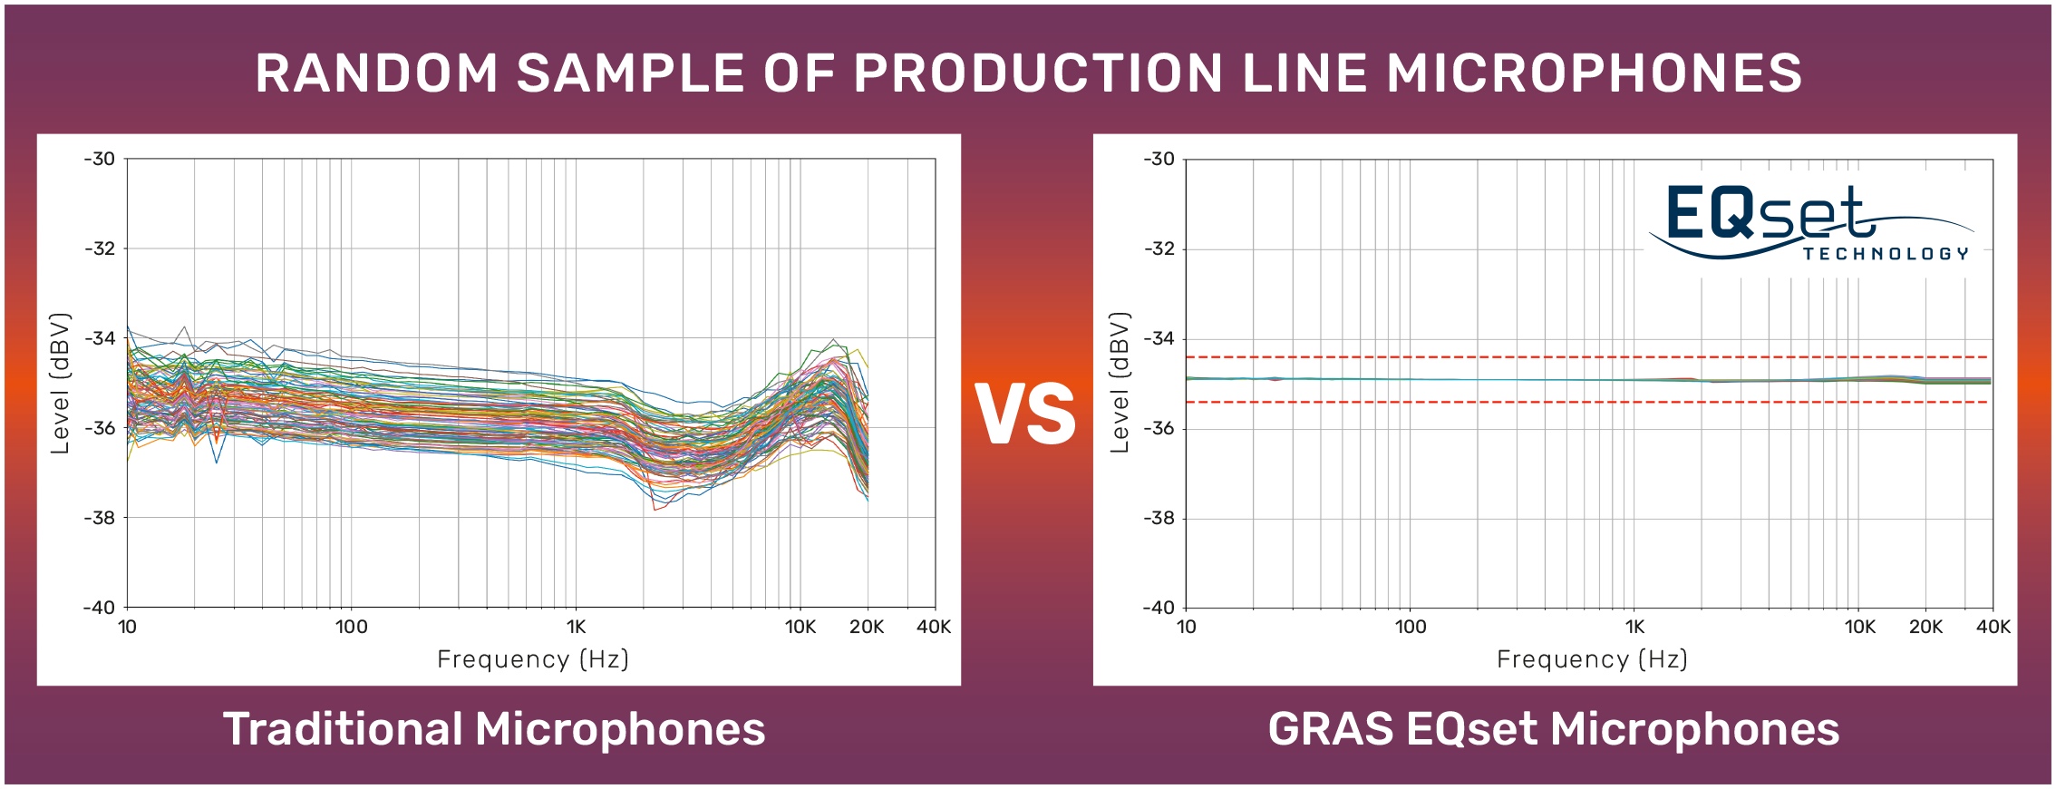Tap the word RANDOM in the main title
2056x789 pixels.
pyautogui.click(x=376, y=73)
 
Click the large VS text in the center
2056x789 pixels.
pyautogui.click(x=1025, y=414)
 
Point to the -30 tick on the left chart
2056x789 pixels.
pyautogui.click(x=100, y=159)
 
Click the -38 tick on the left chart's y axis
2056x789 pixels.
pyautogui.click(x=100, y=518)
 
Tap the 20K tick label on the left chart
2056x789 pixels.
pyautogui.click(x=867, y=627)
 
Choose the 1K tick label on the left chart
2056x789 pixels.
pyautogui.click(x=576, y=627)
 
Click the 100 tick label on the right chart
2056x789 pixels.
pyautogui.click(x=1410, y=627)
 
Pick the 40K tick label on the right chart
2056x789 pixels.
pyautogui.click(x=1993, y=627)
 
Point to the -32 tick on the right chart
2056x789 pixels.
pyautogui.click(x=1159, y=248)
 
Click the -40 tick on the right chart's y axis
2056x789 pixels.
pyautogui.click(x=1159, y=608)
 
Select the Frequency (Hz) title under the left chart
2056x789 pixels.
pyautogui.click(x=533, y=659)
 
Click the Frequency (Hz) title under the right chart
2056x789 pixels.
pyautogui.click(x=1592, y=659)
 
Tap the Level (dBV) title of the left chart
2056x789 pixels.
pyautogui.click(x=60, y=383)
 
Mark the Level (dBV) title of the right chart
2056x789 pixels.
pyautogui.click(x=1120, y=383)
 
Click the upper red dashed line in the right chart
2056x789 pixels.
pyautogui.click(x=1586, y=357)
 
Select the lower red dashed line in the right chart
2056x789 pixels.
pyautogui.click(x=1586, y=402)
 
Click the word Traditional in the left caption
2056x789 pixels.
pyautogui.click(x=343, y=729)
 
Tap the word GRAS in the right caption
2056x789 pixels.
pyautogui.click(x=1330, y=729)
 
